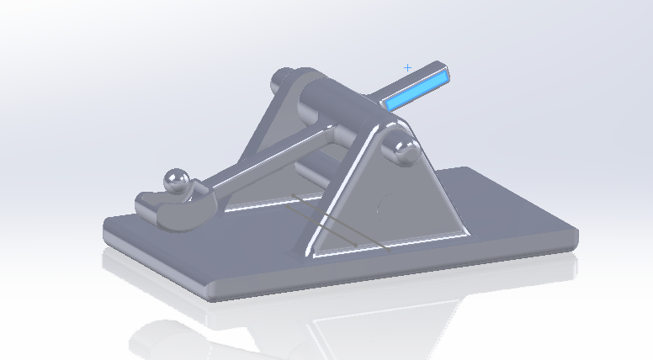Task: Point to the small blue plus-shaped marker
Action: click(x=408, y=67)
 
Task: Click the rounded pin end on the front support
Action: click(x=401, y=149)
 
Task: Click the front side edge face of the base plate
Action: click(x=396, y=269)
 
